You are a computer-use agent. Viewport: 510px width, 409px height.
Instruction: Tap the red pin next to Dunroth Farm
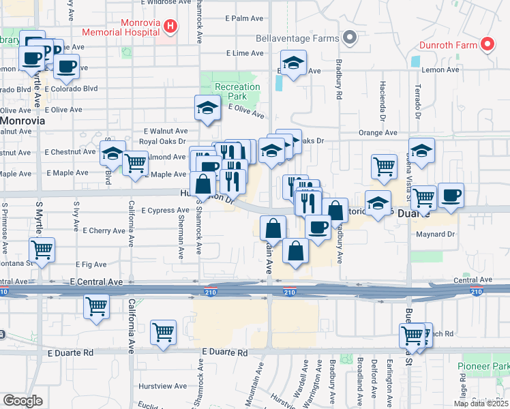pos(487,45)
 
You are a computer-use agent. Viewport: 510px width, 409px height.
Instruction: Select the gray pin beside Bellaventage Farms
pos(350,37)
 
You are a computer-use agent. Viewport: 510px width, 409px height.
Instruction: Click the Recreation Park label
pos(237,91)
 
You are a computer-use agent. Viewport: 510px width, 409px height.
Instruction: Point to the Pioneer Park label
pos(483,367)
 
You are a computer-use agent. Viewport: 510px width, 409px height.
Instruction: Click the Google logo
pos(22,401)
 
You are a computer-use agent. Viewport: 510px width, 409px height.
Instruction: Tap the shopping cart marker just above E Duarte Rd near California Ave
pos(164,332)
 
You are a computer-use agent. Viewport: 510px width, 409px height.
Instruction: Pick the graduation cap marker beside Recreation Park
pos(208,107)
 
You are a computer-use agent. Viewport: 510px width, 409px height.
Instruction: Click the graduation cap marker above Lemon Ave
pos(294,64)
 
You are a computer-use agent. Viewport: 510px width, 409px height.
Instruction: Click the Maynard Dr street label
pos(435,234)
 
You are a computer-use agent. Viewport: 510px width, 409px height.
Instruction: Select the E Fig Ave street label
pos(91,264)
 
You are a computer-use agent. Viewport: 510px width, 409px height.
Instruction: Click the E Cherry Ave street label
pos(102,231)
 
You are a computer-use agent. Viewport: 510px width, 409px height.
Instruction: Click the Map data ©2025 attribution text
pos(481,404)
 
